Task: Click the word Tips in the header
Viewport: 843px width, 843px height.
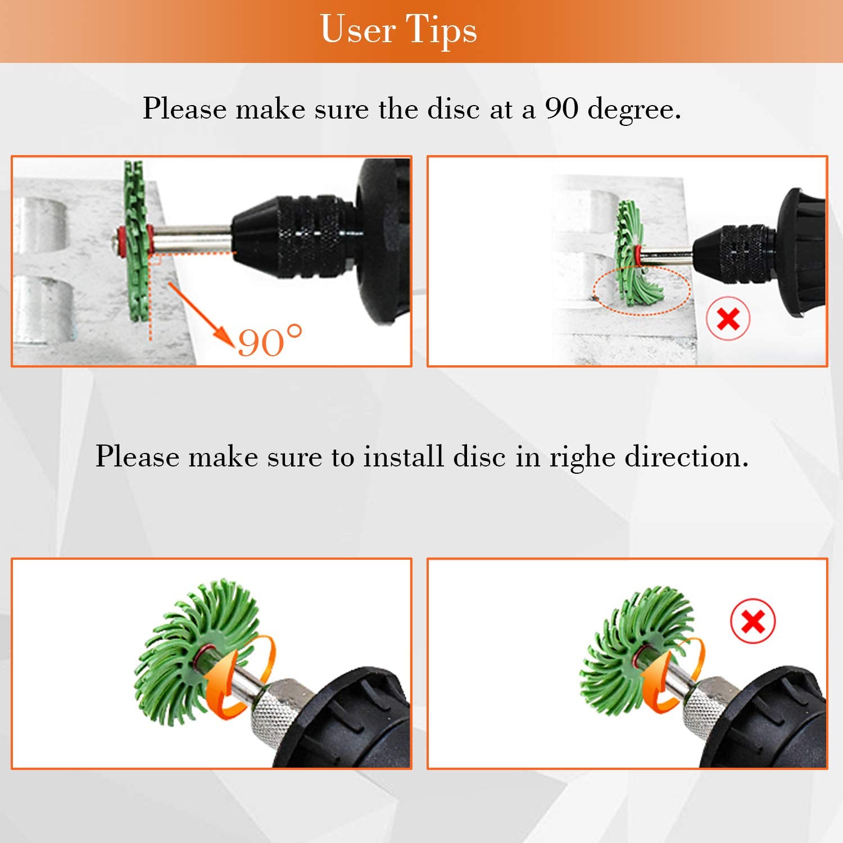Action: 441,30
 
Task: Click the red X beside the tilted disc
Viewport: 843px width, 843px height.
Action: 728,319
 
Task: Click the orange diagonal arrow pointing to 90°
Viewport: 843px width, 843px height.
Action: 201,314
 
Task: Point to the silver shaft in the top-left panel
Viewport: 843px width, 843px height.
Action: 191,238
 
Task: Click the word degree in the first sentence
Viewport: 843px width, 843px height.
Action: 634,110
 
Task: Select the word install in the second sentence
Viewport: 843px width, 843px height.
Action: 404,456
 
